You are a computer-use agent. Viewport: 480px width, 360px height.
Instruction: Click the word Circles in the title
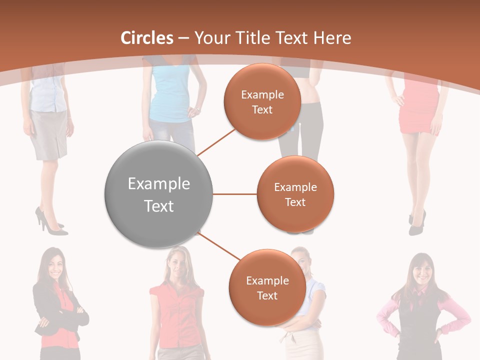click(147, 38)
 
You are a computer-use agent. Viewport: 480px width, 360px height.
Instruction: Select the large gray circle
click(159, 194)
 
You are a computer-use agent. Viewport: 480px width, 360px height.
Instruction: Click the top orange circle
click(262, 101)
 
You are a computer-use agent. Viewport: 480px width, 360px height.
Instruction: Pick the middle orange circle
click(295, 194)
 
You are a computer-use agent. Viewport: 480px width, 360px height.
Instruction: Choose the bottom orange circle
click(267, 287)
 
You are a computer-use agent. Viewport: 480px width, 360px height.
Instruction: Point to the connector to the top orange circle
click(217, 141)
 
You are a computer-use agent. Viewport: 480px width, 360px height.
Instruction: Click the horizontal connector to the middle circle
click(235, 194)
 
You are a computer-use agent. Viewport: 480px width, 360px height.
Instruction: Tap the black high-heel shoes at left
click(50, 223)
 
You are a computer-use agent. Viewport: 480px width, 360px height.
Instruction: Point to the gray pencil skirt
click(48, 134)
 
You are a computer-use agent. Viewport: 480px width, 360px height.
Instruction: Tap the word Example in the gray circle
click(159, 184)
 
